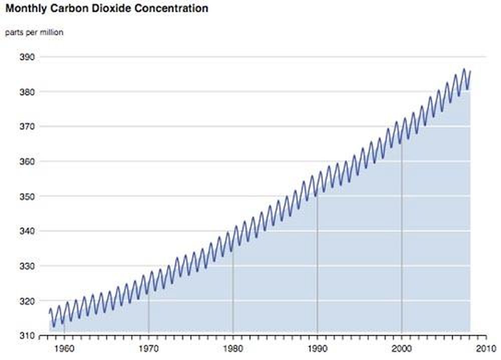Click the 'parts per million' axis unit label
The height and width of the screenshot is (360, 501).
pyautogui.click(x=34, y=33)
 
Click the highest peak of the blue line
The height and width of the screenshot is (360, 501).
pyautogui.click(x=464, y=69)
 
